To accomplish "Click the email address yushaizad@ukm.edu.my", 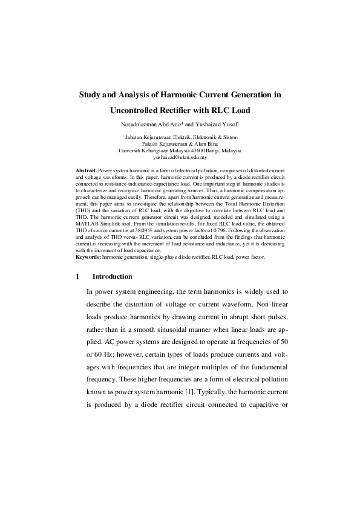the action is [180, 157].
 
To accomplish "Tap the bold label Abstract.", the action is [86, 171].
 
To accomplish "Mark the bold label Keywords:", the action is [88, 258].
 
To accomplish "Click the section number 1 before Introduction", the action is [78, 276].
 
